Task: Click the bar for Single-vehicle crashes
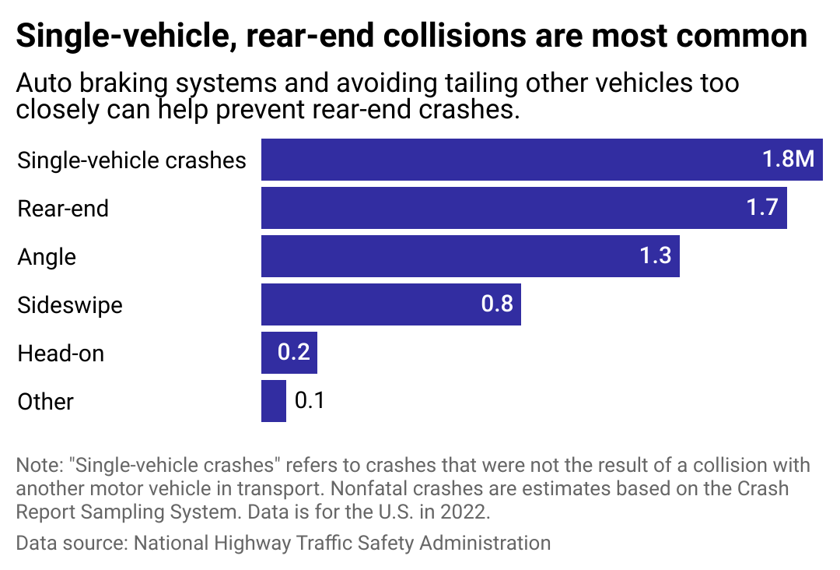(506, 160)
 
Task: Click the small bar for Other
(273, 401)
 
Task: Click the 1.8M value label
(788, 160)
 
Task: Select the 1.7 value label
(762, 208)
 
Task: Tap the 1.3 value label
(655, 256)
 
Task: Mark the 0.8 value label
(497, 304)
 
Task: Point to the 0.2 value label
(294, 353)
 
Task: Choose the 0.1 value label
(309, 401)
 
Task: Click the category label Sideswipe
(70, 304)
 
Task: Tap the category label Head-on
(61, 354)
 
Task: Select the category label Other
(45, 402)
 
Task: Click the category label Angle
(47, 256)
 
